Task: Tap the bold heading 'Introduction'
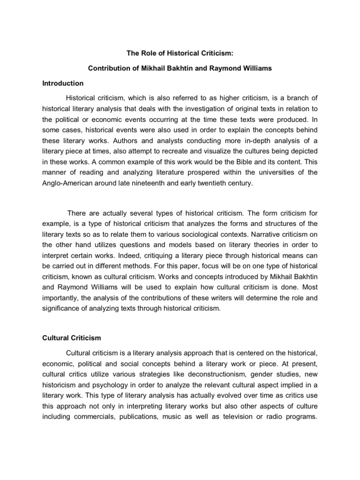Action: (x=63, y=83)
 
